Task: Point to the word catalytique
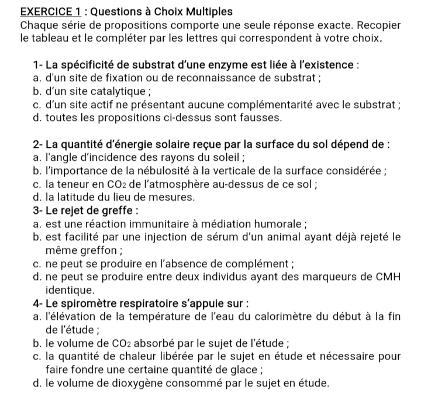[103, 92]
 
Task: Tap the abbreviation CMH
[386, 277]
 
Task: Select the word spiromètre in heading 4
[92, 303]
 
